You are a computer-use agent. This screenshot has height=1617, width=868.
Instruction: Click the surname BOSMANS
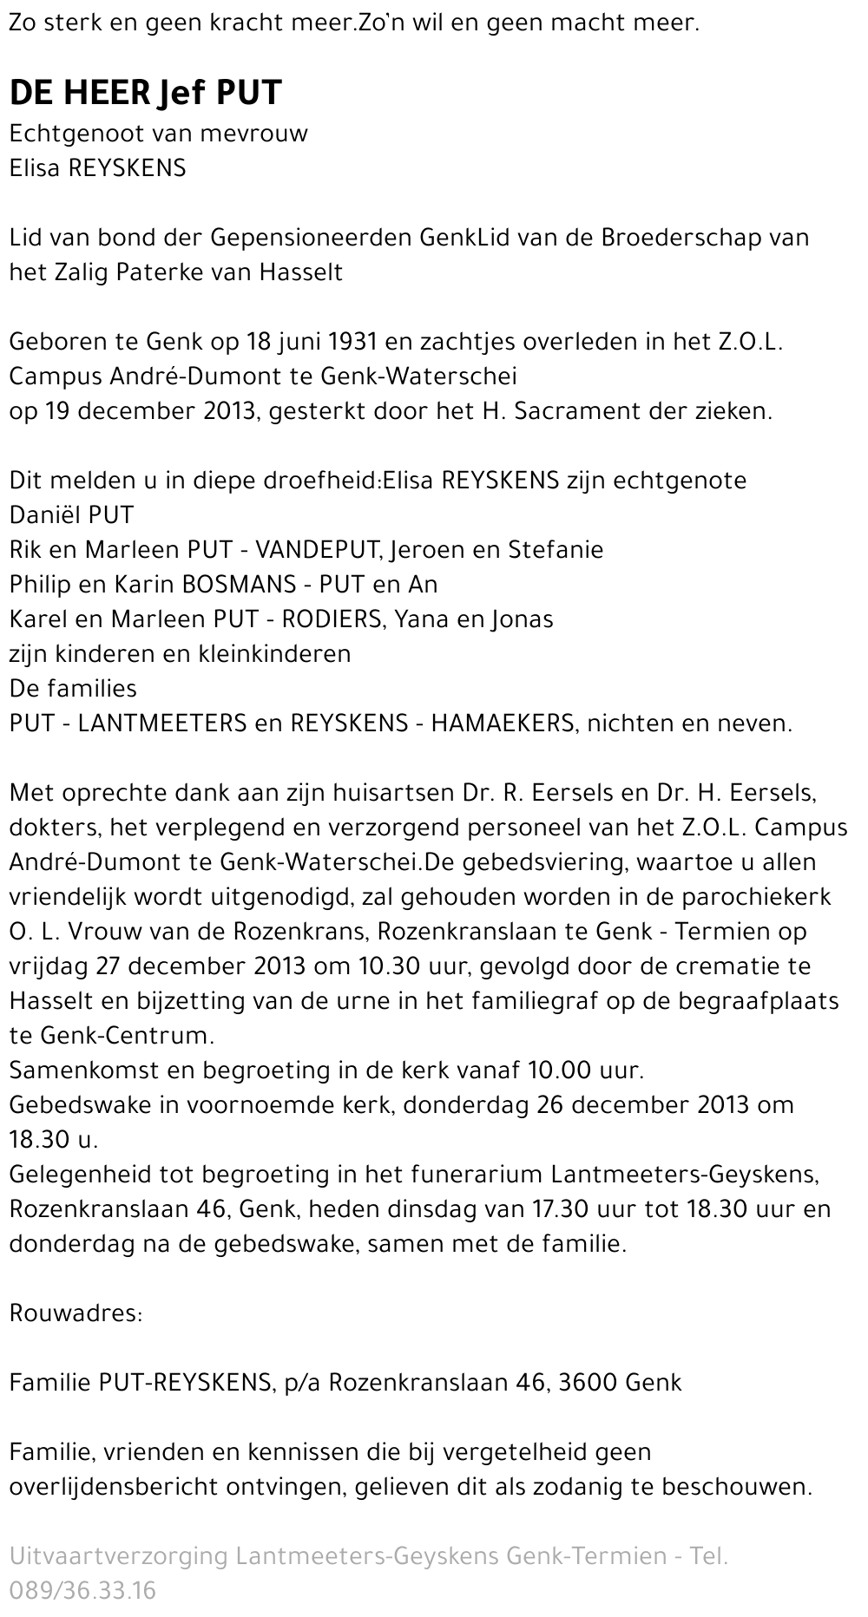point(236,584)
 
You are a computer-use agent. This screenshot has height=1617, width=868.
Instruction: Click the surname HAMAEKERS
point(502,723)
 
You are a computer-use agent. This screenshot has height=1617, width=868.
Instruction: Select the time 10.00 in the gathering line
point(560,1070)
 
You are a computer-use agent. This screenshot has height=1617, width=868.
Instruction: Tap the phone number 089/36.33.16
point(83,1590)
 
